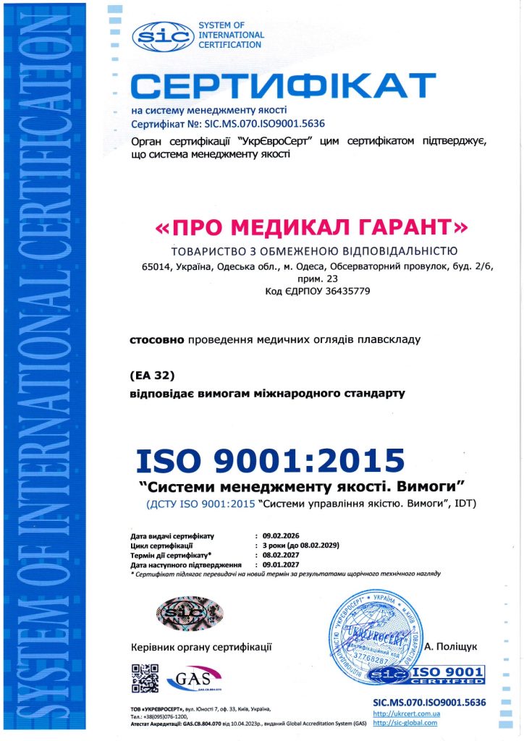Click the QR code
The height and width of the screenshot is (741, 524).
click(x=145, y=677)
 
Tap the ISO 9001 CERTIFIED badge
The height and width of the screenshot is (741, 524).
click(x=426, y=676)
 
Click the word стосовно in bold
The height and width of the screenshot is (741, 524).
click(x=156, y=339)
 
